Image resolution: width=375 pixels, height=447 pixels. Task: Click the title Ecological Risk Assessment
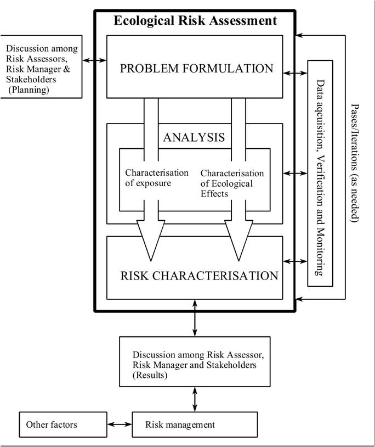tap(195, 21)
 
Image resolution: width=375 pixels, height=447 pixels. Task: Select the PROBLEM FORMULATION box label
tap(196, 69)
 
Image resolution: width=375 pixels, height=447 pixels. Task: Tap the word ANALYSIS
tap(194, 137)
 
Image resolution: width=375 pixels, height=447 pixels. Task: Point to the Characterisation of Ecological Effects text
tap(232, 183)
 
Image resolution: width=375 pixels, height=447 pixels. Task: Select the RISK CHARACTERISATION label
tap(199, 275)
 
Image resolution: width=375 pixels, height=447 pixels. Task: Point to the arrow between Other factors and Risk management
tap(120, 424)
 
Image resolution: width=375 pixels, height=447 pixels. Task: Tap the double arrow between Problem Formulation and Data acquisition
tap(296, 72)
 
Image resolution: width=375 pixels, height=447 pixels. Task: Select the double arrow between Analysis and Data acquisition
tap(296, 174)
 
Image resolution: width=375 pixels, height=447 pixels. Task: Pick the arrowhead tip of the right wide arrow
tap(238, 260)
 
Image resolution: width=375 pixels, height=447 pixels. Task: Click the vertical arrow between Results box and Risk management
tap(195, 399)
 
